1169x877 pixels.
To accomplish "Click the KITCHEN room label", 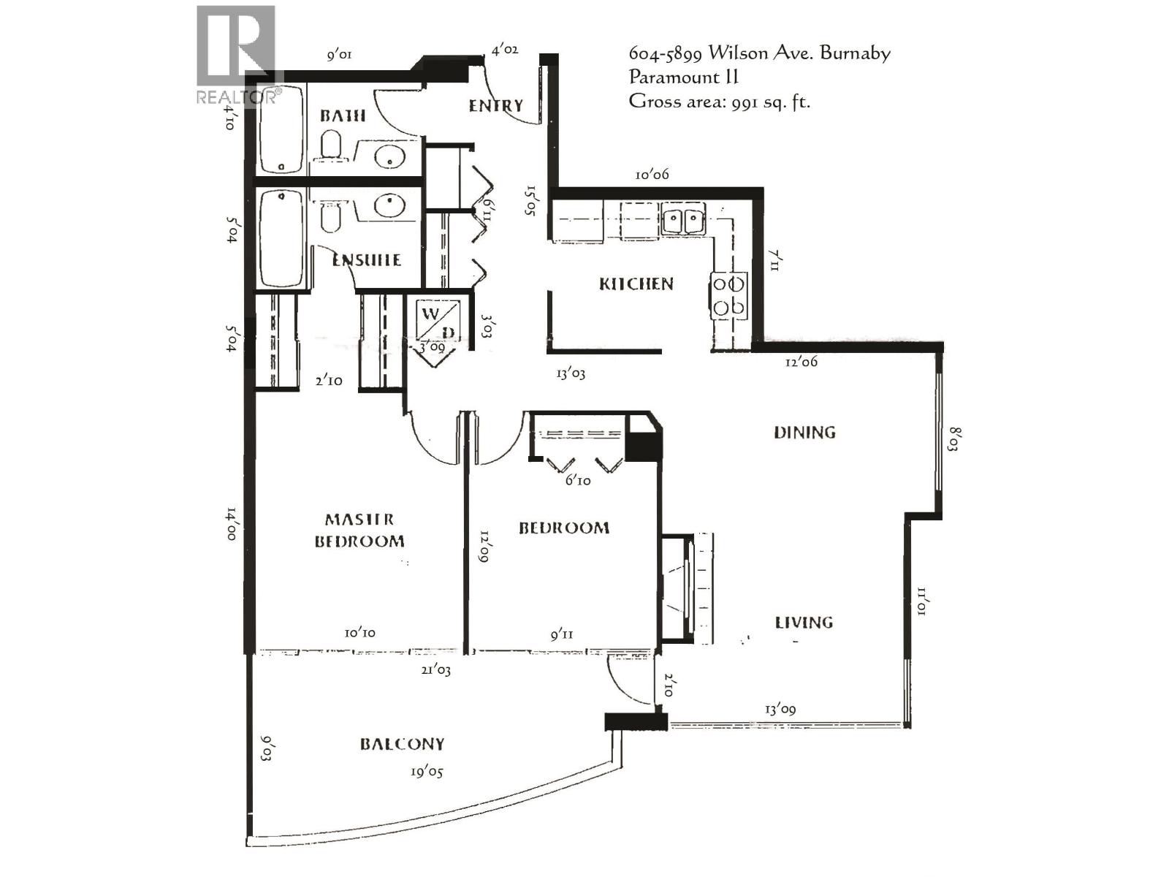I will coord(636,284).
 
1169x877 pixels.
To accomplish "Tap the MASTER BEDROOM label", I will coord(359,530).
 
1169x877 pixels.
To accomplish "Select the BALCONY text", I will coord(402,744).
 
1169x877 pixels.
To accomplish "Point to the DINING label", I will coord(804,432).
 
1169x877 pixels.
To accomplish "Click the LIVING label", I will coord(804,622).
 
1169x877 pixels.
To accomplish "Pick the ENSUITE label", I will coord(366,260).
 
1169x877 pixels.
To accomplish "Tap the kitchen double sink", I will coord(683,220).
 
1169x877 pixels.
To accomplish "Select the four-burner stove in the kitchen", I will coord(729,295).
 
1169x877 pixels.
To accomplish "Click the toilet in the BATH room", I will coord(332,144).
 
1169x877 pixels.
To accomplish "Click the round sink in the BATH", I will coord(389,156).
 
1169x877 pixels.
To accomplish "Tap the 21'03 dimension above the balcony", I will coord(435,669).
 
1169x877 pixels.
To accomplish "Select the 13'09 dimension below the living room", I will coord(780,708).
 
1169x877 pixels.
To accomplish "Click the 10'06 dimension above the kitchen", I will coord(652,174).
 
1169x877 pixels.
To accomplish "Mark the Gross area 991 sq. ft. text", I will coord(719,101).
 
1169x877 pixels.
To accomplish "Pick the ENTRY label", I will coord(496,106).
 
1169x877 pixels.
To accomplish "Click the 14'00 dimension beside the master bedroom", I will coord(231,523).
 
